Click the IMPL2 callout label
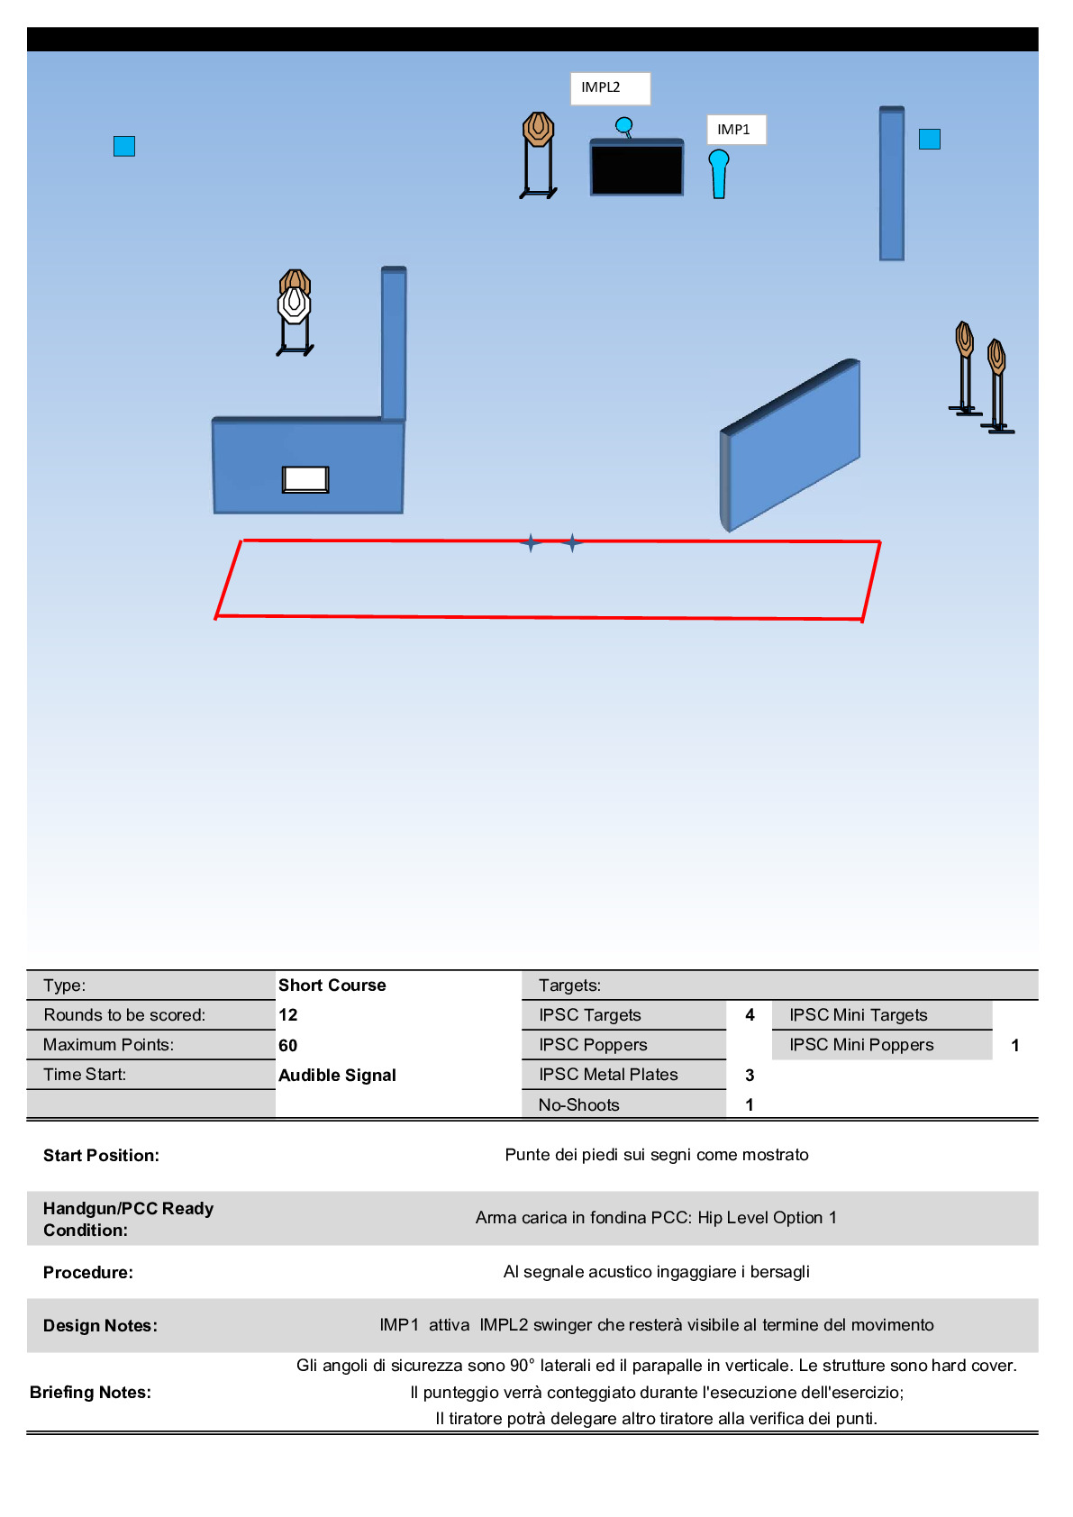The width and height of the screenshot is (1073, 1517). (x=610, y=88)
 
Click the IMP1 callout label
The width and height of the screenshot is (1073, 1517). (x=735, y=130)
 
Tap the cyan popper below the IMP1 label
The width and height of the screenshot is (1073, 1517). (x=718, y=174)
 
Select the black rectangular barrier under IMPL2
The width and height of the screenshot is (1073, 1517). (x=636, y=168)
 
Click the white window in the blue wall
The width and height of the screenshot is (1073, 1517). (x=305, y=479)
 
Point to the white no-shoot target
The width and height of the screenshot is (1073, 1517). (x=294, y=304)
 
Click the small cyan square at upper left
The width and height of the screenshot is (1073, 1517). (x=124, y=146)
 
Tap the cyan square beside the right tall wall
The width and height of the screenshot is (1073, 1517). (x=930, y=139)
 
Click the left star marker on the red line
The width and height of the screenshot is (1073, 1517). (x=531, y=542)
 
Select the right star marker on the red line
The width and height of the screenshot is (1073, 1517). (x=573, y=543)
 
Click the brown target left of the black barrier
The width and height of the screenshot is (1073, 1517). (x=538, y=129)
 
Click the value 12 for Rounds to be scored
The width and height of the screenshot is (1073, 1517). (x=288, y=1015)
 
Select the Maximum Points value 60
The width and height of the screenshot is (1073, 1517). (x=288, y=1046)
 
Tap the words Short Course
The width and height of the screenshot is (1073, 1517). (x=332, y=986)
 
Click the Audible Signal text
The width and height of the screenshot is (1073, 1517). (x=337, y=1076)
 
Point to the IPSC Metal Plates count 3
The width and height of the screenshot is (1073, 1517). (x=750, y=1076)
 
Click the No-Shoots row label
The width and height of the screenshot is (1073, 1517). (x=578, y=1105)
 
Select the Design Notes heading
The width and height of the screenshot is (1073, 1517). (x=100, y=1326)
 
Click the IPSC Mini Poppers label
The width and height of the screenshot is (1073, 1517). (x=861, y=1045)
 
